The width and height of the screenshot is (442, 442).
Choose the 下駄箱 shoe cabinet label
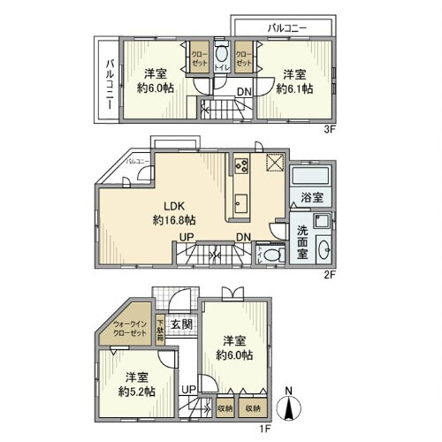(161, 329)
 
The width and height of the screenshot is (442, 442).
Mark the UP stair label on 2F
(188, 237)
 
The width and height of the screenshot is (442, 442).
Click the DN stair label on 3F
(242, 91)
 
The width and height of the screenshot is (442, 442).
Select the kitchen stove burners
(241, 165)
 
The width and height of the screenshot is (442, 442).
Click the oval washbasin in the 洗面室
(321, 248)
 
